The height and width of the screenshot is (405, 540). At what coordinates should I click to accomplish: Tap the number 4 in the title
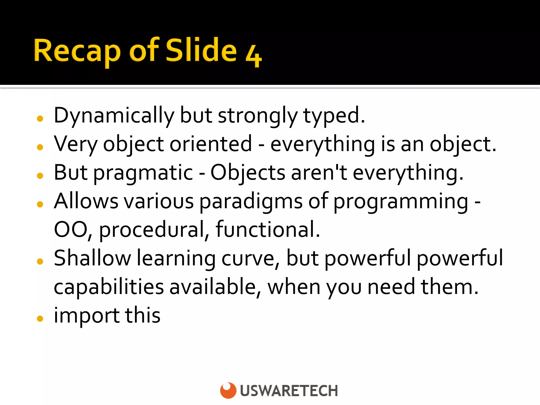click(254, 56)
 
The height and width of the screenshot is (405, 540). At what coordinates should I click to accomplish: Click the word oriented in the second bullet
click(211, 144)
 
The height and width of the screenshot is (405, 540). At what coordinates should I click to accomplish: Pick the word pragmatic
click(143, 173)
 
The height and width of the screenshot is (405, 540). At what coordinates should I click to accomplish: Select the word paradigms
click(250, 202)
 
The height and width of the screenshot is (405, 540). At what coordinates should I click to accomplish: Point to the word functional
click(268, 229)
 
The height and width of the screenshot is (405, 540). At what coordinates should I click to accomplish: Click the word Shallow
click(92, 258)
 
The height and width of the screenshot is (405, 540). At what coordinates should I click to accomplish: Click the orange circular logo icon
click(228, 390)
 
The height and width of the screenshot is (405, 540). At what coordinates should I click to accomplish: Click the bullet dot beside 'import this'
click(40, 319)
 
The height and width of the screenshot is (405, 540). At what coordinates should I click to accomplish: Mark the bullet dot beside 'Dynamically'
click(40, 119)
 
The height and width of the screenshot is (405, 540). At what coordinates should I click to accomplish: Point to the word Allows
click(86, 201)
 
